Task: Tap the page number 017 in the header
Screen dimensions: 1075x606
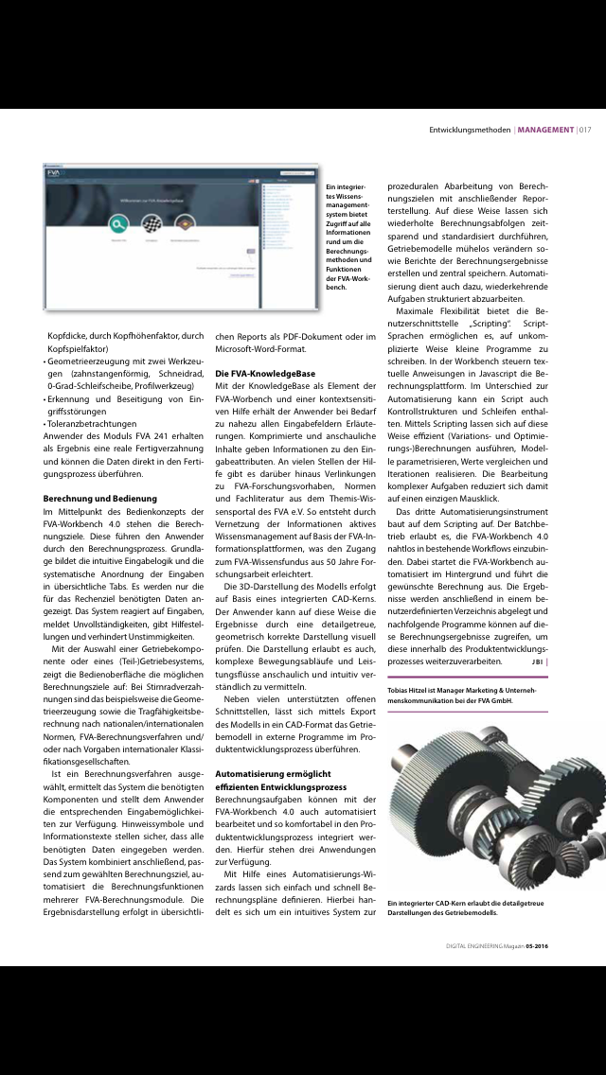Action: point(585,130)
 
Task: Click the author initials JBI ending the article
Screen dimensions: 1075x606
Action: point(537,662)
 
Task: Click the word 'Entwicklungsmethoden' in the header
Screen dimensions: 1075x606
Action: point(470,130)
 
